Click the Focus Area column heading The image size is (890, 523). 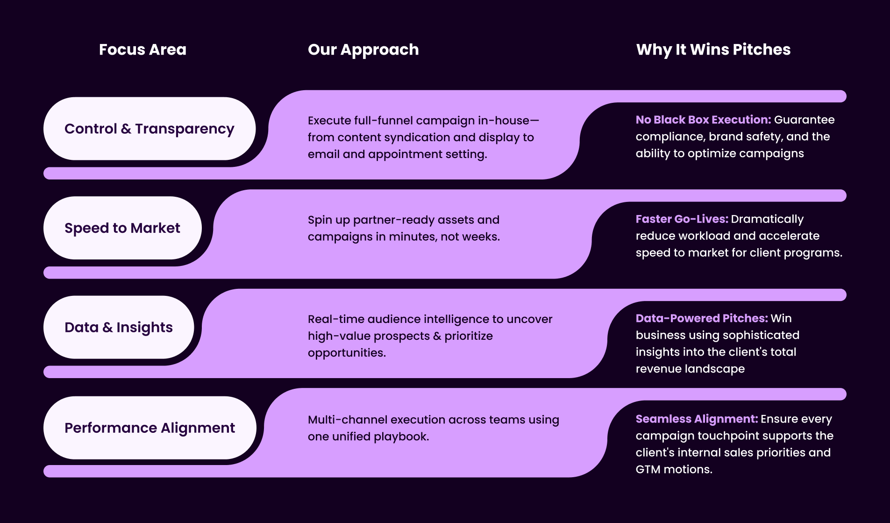(142, 50)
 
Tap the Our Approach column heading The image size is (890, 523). (363, 50)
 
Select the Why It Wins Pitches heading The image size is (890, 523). (713, 50)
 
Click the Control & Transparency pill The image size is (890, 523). (150, 129)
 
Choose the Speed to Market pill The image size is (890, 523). (122, 228)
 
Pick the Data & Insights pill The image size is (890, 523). (119, 328)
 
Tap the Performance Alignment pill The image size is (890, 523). (150, 428)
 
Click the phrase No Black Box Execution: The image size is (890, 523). (703, 120)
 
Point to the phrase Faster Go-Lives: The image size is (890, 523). (682, 219)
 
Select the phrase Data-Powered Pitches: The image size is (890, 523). (701, 319)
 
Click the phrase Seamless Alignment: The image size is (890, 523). (696, 419)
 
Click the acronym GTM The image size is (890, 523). (648, 470)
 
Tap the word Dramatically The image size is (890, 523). (767, 220)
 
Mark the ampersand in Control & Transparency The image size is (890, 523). (126, 129)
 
